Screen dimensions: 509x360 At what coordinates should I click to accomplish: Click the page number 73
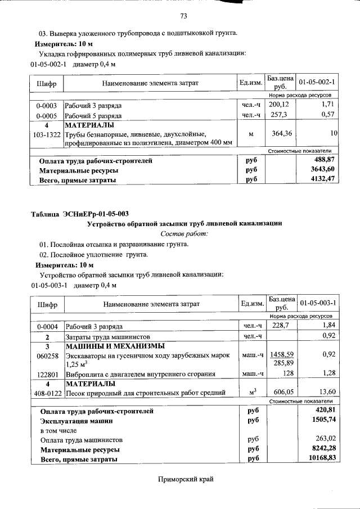(183, 15)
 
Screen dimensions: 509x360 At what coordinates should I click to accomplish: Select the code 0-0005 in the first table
(46, 115)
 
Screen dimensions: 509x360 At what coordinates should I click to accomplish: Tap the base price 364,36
(280, 133)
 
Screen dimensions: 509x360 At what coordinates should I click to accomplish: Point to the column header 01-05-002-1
(317, 83)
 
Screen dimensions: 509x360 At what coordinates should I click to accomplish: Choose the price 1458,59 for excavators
(281, 355)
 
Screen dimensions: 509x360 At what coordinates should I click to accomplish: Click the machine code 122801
(46, 373)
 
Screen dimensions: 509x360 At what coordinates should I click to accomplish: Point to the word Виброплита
(84, 373)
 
